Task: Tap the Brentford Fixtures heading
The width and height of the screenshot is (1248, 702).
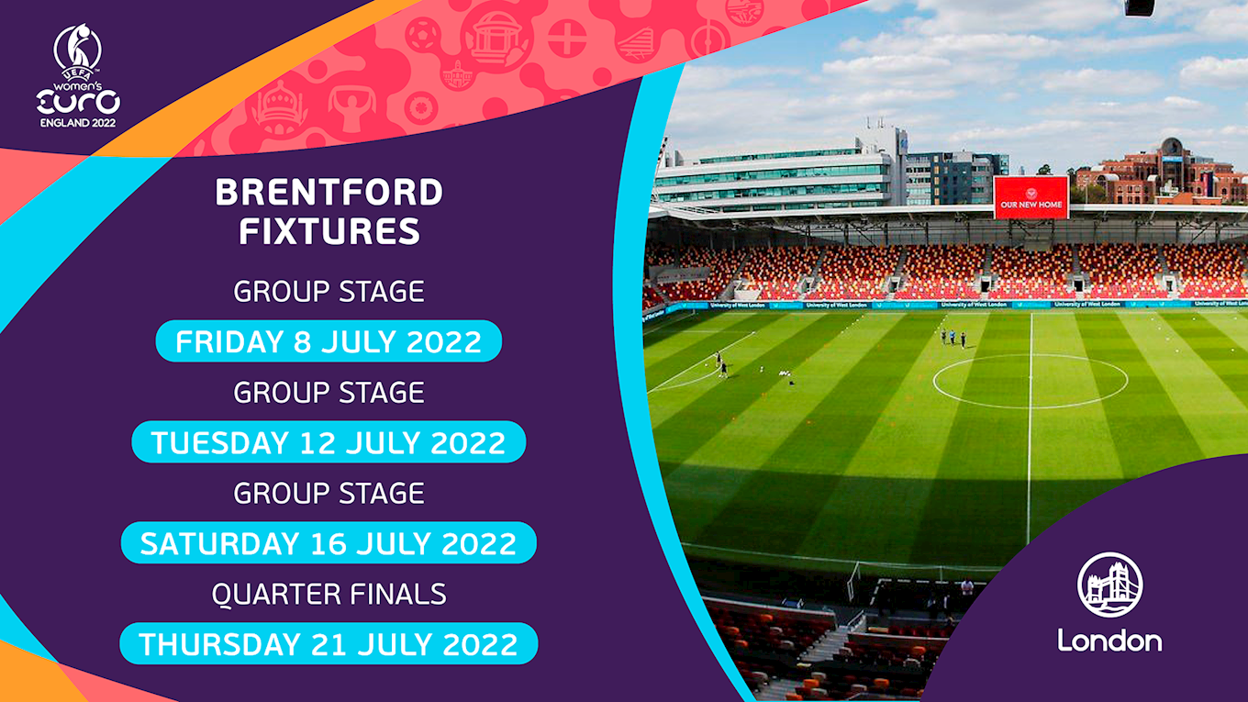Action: point(329,211)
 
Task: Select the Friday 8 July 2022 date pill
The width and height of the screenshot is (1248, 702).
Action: point(329,341)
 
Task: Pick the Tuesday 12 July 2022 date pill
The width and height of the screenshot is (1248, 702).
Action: point(329,442)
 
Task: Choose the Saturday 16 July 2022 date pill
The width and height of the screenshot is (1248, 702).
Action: point(329,543)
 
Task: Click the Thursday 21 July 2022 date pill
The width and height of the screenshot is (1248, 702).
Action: point(329,644)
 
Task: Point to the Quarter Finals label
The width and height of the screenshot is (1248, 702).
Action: point(329,594)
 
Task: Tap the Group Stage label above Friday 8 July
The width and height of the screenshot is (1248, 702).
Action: point(329,292)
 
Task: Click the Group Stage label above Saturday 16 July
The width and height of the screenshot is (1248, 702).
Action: point(329,493)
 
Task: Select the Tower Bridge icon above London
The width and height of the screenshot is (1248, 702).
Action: point(1110,585)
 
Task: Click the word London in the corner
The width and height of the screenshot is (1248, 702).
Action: point(1109,640)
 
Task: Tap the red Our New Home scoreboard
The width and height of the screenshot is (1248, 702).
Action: point(1031,197)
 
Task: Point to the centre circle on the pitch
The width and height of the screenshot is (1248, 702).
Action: point(1030,381)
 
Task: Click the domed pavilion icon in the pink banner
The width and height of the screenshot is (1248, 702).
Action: point(497,37)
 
